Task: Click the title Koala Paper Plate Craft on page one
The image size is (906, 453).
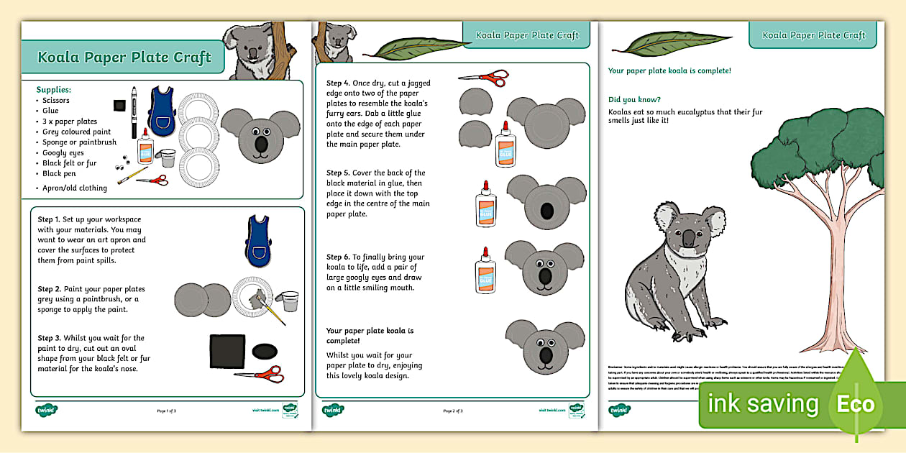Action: pos(124,58)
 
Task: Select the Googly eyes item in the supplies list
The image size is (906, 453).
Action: pos(63,152)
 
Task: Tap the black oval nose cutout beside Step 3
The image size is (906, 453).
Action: pos(265,351)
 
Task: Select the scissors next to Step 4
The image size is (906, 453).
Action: pos(483,76)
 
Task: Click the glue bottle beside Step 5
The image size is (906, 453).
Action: pos(486,204)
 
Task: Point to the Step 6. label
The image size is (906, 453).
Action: pos(339,257)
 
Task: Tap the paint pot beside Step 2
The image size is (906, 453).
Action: pos(290,301)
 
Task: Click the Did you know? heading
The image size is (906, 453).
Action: pos(634,99)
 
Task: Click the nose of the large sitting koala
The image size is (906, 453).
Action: pos(688,239)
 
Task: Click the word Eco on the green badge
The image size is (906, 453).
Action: pos(855,403)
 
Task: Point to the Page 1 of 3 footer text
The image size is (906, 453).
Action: pos(166,411)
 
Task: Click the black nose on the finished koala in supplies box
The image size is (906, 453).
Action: pos(260,145)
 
